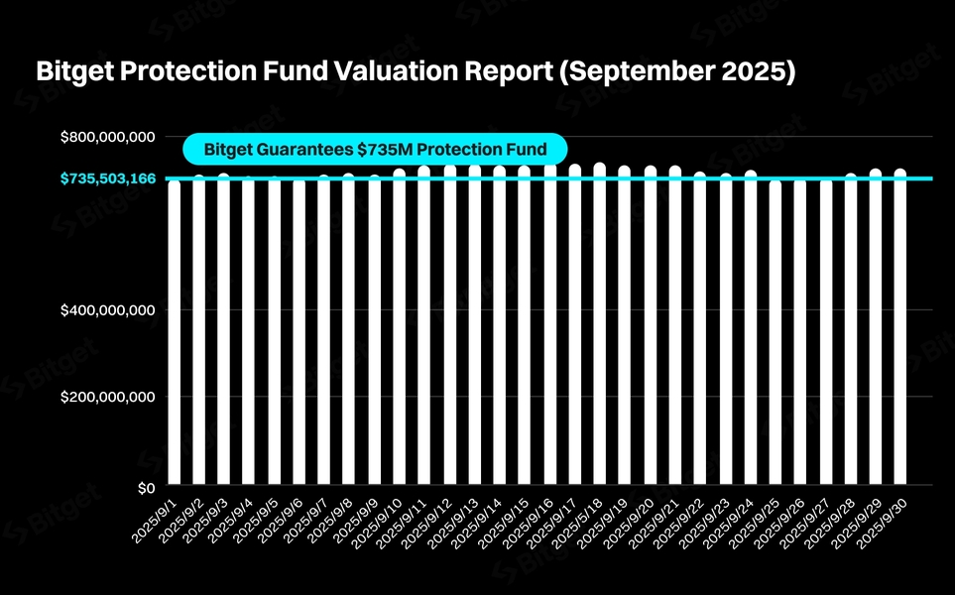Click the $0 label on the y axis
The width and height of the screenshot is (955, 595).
point(145,488)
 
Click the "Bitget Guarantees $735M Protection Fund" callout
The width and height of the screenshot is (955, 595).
point(375,150)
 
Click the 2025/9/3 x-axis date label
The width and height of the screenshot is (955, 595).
point(209,520)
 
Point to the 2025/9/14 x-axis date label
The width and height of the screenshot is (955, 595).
point(483,522)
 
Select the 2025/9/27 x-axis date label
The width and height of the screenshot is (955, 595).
point(809,522)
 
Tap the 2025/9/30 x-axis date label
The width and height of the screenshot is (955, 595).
point(885,522)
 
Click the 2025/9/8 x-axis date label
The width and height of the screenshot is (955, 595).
point(334,520)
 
